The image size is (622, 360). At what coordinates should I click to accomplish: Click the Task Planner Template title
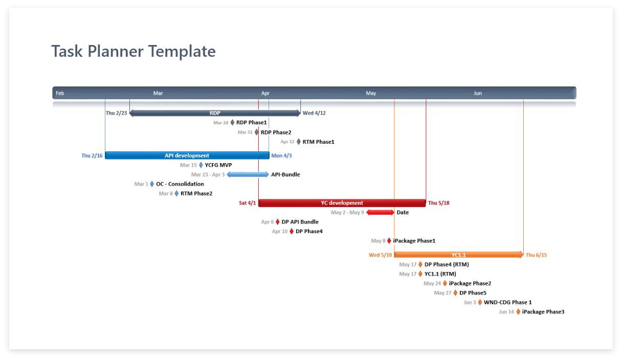134,51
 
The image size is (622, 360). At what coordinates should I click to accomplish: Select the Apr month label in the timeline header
265,93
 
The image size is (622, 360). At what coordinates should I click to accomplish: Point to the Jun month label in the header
477,93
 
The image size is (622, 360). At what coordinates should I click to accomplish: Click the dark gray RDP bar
215,113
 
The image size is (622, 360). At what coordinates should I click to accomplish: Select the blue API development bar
187,155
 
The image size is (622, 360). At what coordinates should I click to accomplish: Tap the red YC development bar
342,203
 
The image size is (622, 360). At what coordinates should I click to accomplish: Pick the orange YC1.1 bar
458,255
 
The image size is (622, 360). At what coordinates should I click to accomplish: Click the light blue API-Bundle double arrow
248,174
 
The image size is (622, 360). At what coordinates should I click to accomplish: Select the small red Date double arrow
380,212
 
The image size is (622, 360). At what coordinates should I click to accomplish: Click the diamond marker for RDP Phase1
232,123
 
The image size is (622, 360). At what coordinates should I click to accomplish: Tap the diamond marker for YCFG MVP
201,165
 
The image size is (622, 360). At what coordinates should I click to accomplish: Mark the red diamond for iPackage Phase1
389,241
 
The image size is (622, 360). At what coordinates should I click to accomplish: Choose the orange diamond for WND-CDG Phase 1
480,302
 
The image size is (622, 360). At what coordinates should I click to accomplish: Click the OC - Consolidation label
180,184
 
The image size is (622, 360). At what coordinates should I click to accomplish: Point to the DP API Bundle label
300,222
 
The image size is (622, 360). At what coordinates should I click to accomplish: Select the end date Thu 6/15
536,255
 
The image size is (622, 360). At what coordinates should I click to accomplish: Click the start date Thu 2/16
92,155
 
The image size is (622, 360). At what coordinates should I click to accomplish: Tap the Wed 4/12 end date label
314,113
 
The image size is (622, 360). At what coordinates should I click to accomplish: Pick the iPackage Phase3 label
543,312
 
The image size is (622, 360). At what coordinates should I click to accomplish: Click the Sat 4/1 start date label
248,203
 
